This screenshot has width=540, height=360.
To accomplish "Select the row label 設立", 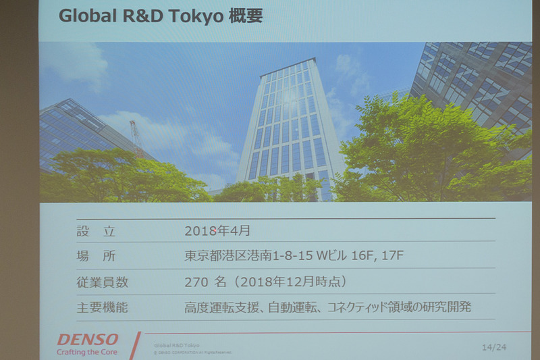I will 96,231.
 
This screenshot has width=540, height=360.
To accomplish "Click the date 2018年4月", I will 217,231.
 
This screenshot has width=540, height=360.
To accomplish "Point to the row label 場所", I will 96,257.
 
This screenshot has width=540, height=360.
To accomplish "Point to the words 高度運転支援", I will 220,308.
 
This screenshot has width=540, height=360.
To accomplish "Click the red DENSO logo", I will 88,339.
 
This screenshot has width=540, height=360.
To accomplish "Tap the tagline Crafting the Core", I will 87,352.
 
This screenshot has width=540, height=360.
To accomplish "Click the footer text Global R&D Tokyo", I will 177,345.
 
